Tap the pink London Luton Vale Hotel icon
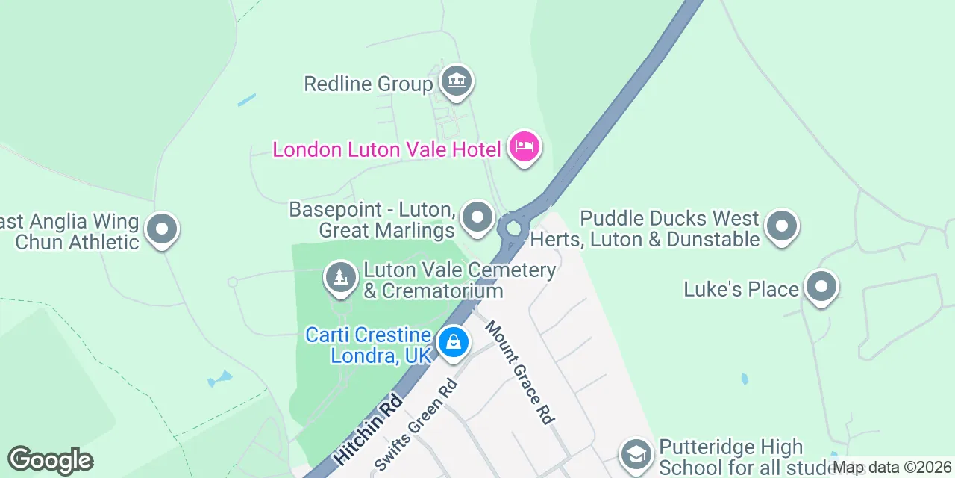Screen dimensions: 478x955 coord(525,146)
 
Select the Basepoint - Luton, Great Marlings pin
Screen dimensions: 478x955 coord(477,218)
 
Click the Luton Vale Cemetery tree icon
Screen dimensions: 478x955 coord(340,278)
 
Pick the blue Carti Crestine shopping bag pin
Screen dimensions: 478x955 coord(453,343)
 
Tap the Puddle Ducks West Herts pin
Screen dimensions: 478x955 coord(782,224)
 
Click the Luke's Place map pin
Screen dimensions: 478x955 coord(821,287)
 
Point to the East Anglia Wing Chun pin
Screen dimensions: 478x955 coord(161,229)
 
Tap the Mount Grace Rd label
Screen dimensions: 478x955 coord(520,373)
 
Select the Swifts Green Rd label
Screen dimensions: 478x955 coord(416,425)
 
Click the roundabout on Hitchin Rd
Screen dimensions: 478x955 coord(513,228)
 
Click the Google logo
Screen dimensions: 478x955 coord(50,461)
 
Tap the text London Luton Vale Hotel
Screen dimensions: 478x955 coord(386,149)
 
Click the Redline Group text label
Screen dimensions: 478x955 coord(369,84)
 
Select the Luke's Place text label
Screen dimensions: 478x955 coord(741,289)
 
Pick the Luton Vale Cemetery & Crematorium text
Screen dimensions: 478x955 coord(459,280)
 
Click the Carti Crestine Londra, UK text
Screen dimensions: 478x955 coord(369,345)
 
